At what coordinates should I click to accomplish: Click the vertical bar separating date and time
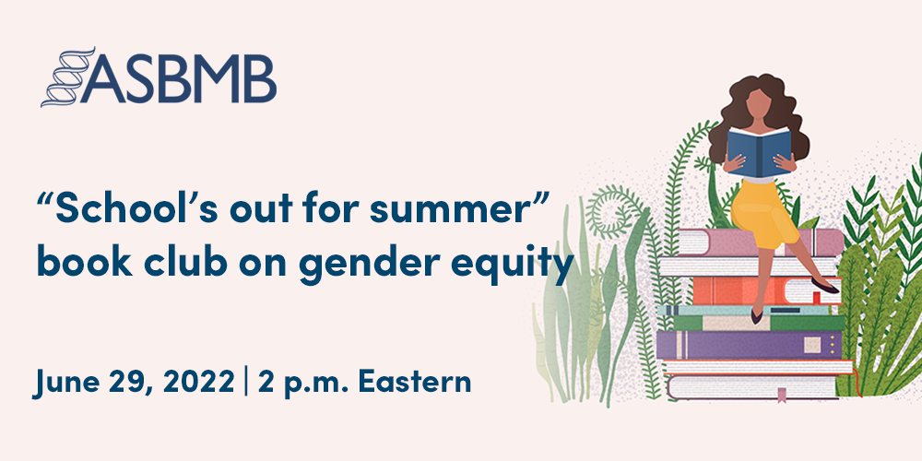tap(246, 381)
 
